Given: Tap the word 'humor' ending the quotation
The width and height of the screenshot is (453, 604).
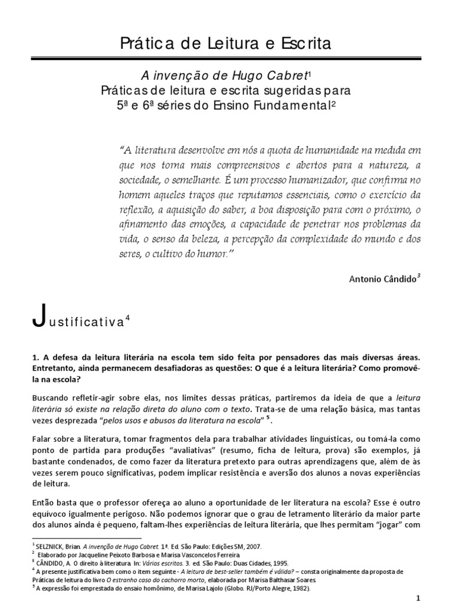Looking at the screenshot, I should point(214,254).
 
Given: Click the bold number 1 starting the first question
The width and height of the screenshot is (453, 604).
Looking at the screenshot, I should point(34,358).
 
